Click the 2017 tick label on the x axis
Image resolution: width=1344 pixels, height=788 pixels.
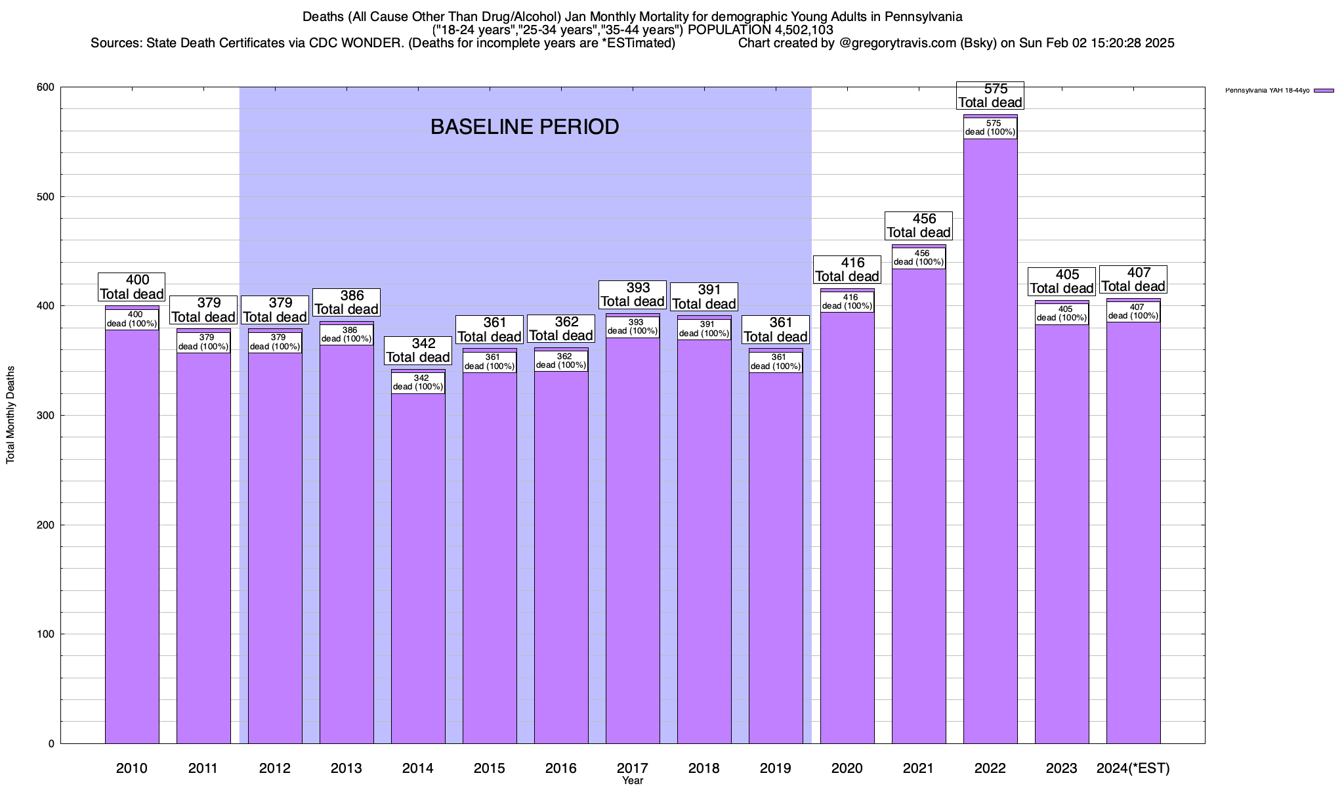click(x=633, y=768)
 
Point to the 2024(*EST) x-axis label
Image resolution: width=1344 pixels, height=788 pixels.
click(x=1133, y=768)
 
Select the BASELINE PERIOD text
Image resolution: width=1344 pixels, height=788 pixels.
click(x=524, y=127)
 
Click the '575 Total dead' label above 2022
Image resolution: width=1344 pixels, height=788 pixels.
click(x=990, y=96)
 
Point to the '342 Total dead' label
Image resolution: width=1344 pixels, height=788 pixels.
click(x=418, y=351)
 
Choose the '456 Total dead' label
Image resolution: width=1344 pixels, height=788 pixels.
click(x=919, y=226)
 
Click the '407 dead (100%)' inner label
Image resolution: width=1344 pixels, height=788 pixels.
click(x=1133, y=311)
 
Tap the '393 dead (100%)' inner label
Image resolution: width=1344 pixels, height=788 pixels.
click(x=633, y=326)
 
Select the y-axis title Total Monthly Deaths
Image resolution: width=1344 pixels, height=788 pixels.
click(x=10, y=415)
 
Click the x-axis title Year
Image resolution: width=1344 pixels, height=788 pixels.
click(x=633, y=781)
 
